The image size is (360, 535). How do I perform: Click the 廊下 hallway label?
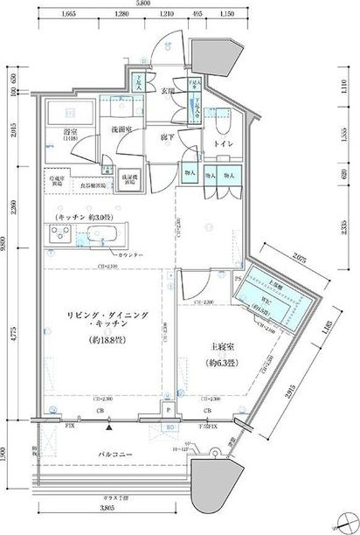(168, 137)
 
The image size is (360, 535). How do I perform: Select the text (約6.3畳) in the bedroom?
(218, 363)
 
